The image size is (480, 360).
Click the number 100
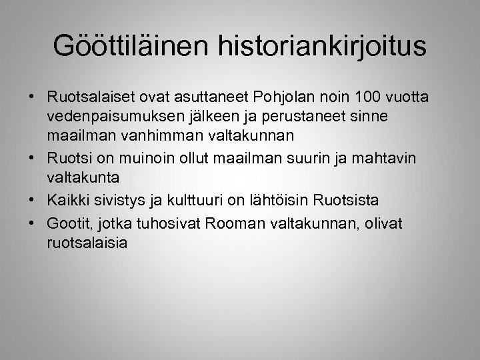[360, 99]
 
